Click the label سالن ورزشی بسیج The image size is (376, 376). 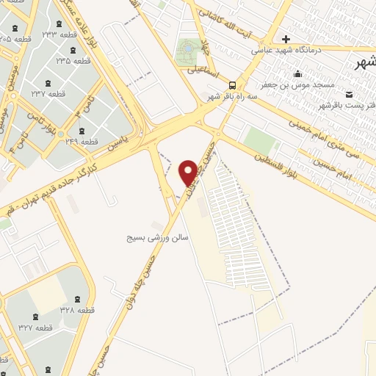pyautogui.click(x=150, y=239)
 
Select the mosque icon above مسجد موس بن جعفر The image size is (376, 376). pyautogui.click(x=297, y=73)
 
